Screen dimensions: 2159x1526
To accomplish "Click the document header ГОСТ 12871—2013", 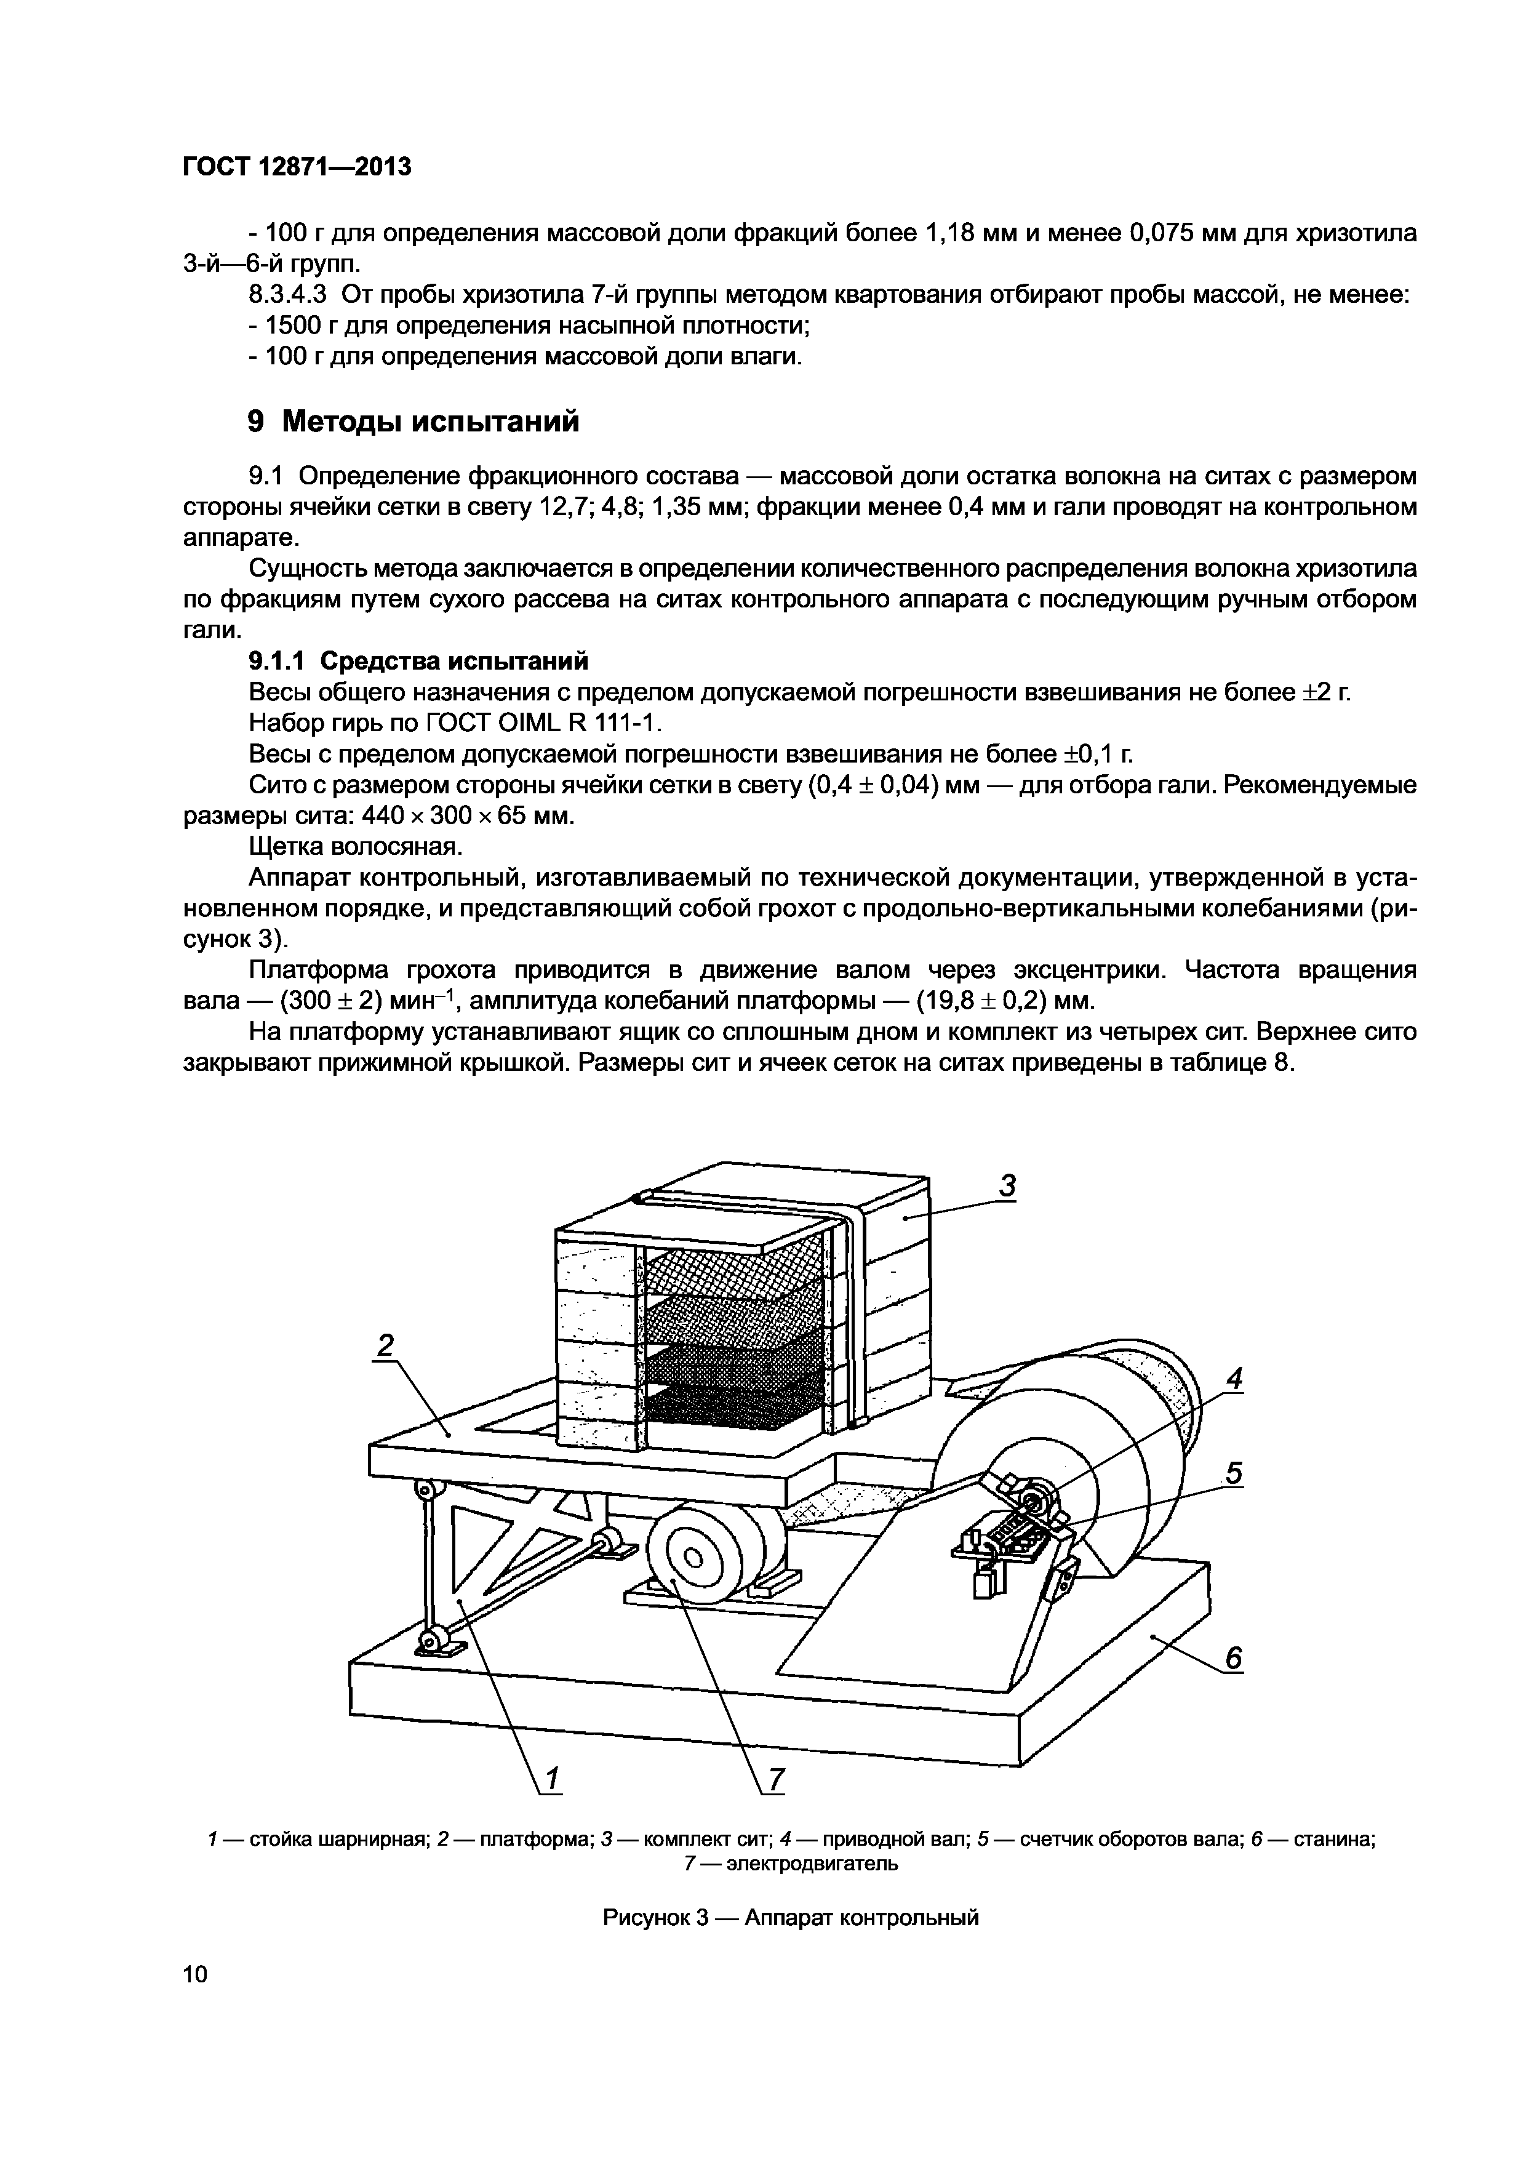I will pos(296,167).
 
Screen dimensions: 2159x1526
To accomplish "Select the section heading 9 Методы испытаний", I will pos(413,421).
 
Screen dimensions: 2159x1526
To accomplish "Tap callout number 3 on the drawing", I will pos(1007,1187).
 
